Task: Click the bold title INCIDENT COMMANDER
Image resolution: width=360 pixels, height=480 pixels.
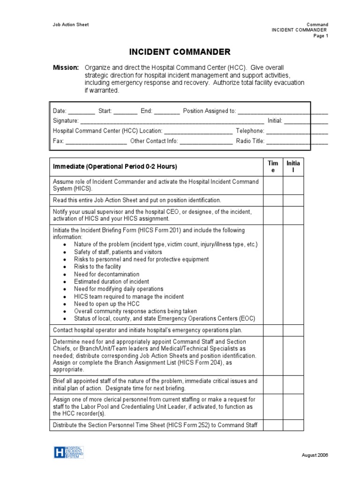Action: tap(180, 52)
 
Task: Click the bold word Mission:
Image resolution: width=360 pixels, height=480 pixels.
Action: tap(66, 68)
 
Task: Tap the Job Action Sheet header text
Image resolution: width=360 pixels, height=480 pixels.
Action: tap(70, 24)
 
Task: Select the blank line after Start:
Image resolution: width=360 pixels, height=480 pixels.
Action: tap(125, 112)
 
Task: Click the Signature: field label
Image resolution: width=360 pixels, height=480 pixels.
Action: tap(66, 121)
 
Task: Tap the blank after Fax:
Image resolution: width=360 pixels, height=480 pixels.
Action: tap(96, 141)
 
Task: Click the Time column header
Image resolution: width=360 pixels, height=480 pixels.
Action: tap(272, 166)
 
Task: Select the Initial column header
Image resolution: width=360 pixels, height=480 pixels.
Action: tap(293, 166)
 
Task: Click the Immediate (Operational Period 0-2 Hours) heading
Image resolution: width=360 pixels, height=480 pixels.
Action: tap(115, 166)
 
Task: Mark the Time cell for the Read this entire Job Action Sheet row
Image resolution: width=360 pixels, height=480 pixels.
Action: tap(272, 200)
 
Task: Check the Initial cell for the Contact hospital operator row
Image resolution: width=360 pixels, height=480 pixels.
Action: tap(293, 330)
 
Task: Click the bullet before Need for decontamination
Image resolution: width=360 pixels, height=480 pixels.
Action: tap(64, 274)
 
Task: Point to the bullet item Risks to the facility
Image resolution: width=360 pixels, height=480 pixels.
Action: tap(97, 267)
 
